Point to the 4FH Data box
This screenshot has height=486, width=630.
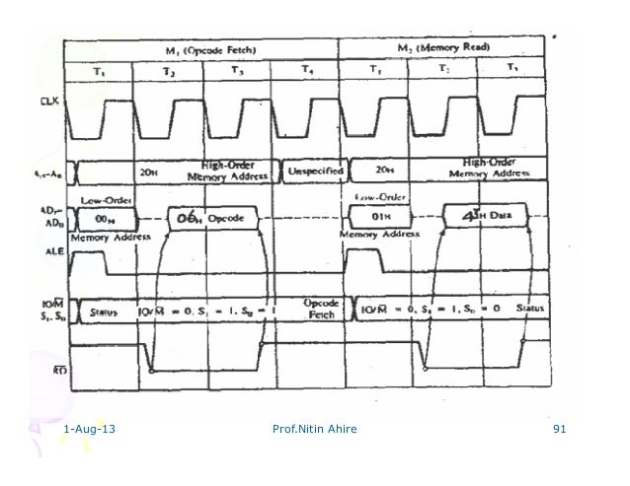484,216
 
